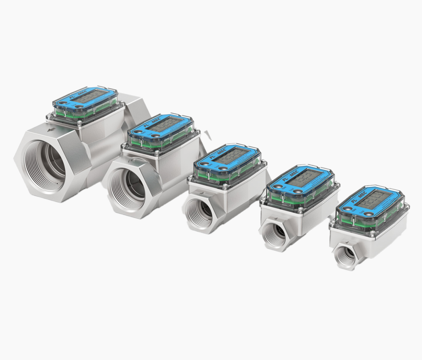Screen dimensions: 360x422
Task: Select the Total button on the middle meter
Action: (x=223, y=168)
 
